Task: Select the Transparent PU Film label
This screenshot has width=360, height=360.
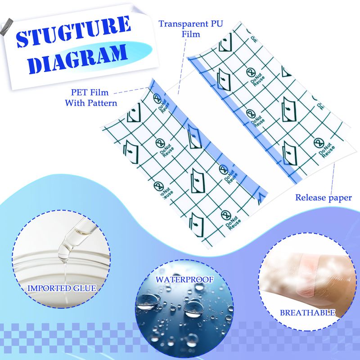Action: [190, 29]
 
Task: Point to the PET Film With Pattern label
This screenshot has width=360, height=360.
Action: [91, 98]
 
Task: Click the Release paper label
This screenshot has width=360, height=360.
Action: [323, 198]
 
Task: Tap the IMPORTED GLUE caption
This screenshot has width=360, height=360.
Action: [62, 288]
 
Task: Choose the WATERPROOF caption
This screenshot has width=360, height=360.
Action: [184, 279]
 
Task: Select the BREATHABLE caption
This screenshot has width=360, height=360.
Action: [307, 312]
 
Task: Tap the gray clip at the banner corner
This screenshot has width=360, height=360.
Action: [6, 27]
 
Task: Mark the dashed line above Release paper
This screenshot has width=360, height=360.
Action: [333, 178]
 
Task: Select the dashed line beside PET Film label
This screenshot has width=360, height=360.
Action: [131, 90]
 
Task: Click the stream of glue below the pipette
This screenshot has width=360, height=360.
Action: [66, 280]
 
